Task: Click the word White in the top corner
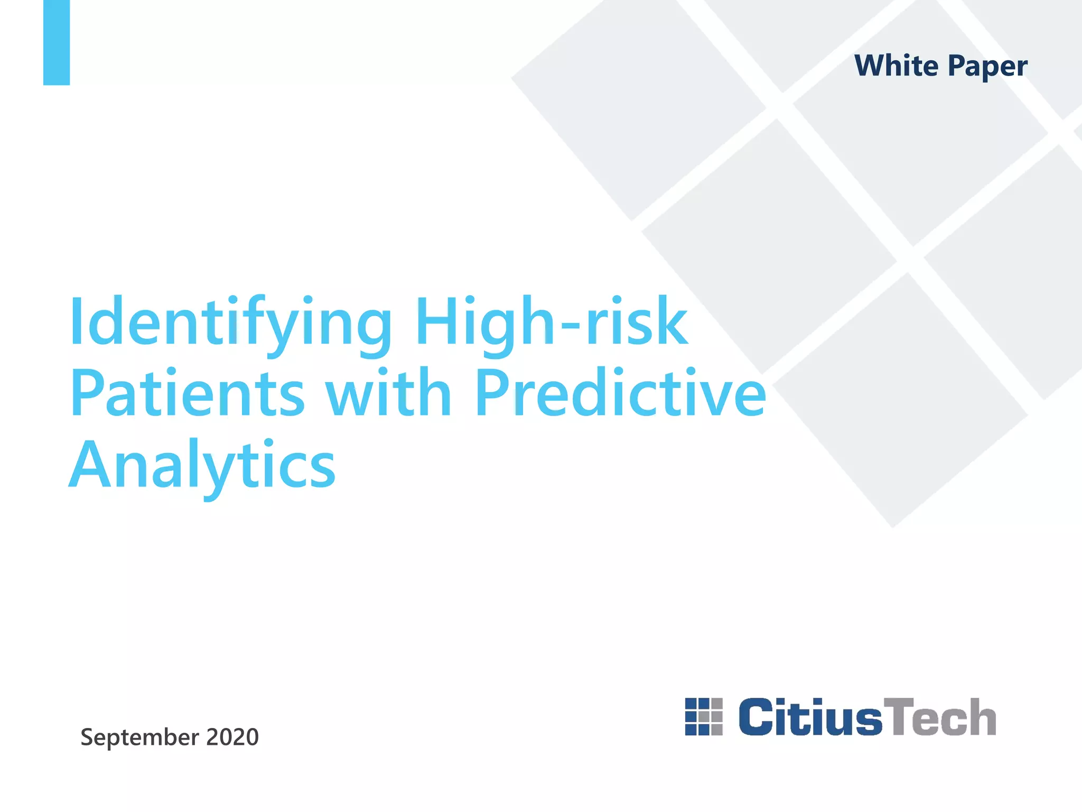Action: click(896, 66)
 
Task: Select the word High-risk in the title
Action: click(552, 321)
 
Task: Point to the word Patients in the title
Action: click(188, 393)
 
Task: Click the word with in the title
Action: click(388, 393)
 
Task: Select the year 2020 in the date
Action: click(232, 737)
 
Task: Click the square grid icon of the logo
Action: click(704, 717)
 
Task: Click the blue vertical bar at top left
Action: click(57, 42)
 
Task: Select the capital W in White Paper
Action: click(873, 66)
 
